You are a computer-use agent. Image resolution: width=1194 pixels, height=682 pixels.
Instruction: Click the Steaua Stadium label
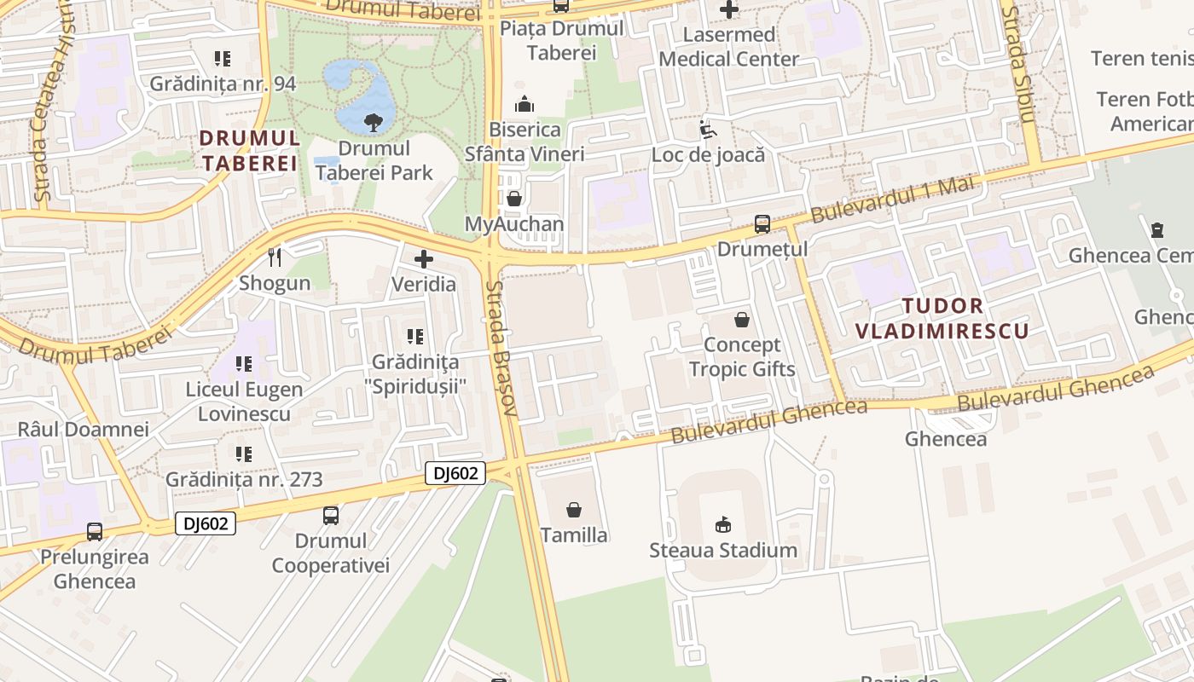[723, 550]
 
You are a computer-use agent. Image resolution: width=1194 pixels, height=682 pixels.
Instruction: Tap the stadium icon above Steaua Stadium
[723, 523]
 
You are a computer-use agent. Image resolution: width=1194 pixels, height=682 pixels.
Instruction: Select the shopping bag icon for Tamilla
[574, 510]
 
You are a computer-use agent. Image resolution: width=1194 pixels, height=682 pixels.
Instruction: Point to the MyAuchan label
[514, 224]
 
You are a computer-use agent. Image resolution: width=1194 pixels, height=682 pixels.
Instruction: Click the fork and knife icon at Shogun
[274, 257]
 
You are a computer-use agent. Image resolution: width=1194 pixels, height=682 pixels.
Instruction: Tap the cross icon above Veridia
[424, 258]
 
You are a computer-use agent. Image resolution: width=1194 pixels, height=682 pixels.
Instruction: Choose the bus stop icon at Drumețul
[762, 224]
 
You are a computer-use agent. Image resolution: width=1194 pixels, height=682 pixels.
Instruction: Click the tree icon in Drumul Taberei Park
[373, 123]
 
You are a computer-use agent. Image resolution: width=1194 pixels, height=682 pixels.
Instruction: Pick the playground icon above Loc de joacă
[707, 130]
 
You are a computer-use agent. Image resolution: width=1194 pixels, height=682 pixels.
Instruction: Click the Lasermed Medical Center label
[729, 47]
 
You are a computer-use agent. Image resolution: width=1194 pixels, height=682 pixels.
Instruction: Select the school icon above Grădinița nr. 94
[223, 59]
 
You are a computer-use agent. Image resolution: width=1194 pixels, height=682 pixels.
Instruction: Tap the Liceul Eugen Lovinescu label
[244, 402]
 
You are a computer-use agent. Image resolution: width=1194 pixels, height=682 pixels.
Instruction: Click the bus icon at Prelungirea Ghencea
[95, 531]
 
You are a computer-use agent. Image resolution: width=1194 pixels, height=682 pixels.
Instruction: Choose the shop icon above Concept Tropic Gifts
[742, 320]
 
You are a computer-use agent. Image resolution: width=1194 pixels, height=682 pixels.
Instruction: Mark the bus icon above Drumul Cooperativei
[330, 515]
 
